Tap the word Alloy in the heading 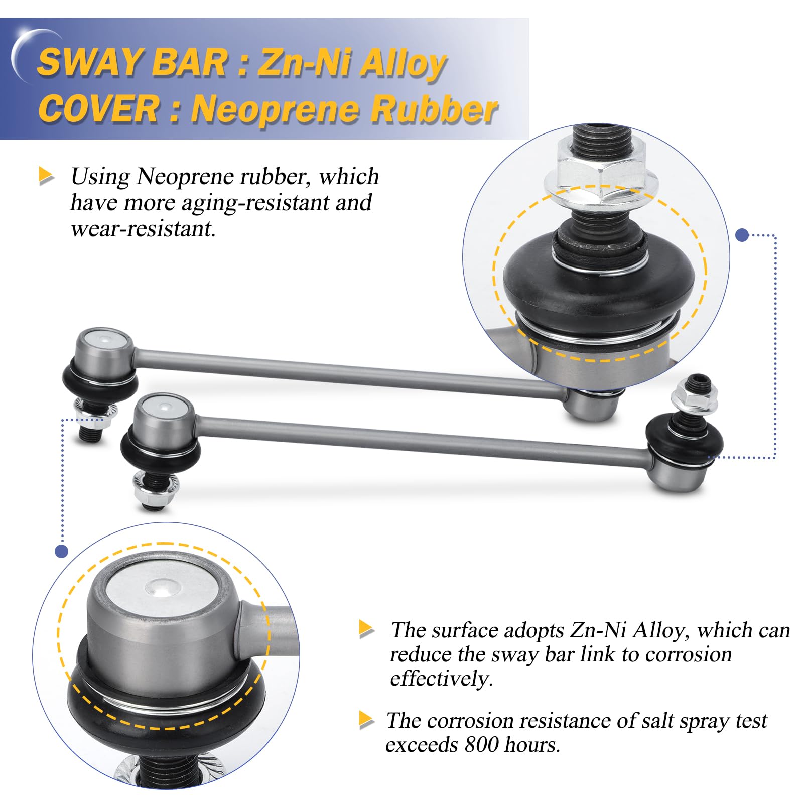pyautogui.click(x=403, y=64)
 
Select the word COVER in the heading pyautogui.click(x=98, y=109)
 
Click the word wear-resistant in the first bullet pyautogui.click(x=143, y=229)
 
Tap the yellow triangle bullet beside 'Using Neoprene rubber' pyautogui.click(x=46, y=176)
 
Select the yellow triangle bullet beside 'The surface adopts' pyautogui.click(x=367, y=629)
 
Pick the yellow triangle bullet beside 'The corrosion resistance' pyautogui.click(x=367, y=720)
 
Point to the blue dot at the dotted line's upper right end pyautogui.click(x=742, y=235)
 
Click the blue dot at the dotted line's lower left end pyautogui.click(x=61, y=552)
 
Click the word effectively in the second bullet pyautogui.click(x=441, y=679)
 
